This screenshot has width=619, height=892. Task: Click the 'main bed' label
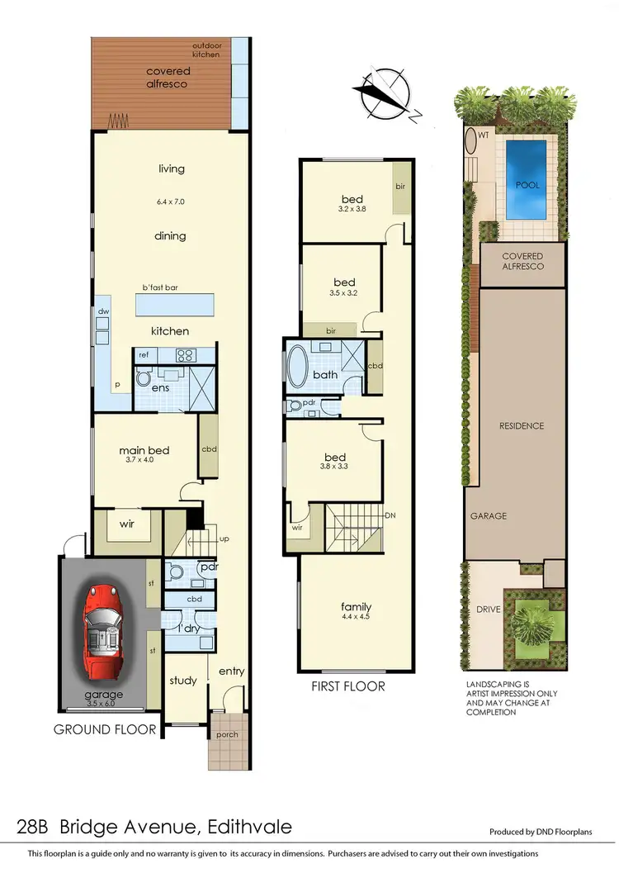click(144, 450)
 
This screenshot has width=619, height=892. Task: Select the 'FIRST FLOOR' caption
click(347, 686)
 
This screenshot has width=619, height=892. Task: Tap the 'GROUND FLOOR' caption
click(104, 729)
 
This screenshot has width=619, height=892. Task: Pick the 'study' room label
click(182, 681)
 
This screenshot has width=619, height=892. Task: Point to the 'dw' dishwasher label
click(103, 311)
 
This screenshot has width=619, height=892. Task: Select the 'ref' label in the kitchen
click(144, 354)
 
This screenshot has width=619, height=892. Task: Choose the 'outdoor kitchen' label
click(206, 50)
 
